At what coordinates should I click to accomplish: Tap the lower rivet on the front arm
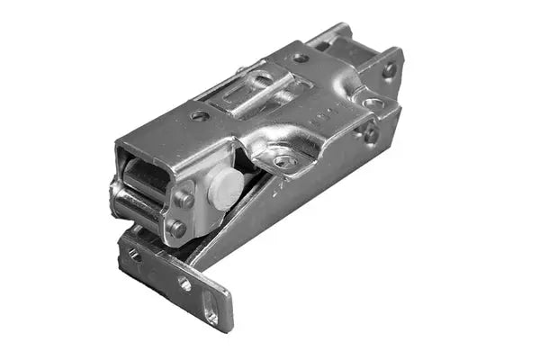pyautogui.click(x=177, y=229)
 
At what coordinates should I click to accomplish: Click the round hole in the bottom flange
pyautogui.click(x=184, y=283)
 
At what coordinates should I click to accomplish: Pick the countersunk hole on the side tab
pyautogui.click(x=285, y=162)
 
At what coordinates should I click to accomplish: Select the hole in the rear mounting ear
pyautogui.click(x=389, y=69)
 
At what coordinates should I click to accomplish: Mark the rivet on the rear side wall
pyautogui.click(x=370, y=135)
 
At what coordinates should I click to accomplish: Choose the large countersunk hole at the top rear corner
pyautogui.click(x=372, y=103)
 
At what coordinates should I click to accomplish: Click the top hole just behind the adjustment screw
pyautogui.click(x=301, y=58)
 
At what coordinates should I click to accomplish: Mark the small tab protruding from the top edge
pyautogui.click(x=241, y=69)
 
